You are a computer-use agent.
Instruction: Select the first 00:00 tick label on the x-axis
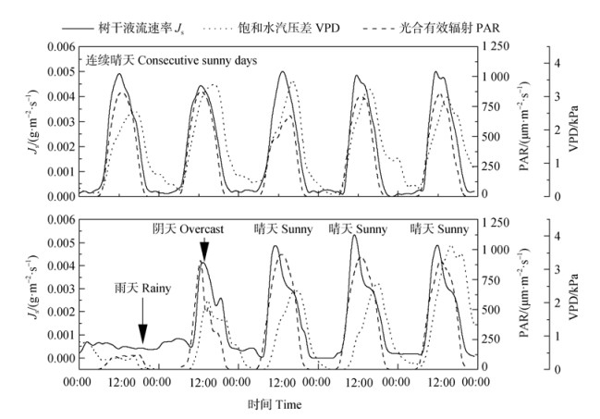point(76,381)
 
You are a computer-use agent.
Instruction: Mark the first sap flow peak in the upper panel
point(119,74)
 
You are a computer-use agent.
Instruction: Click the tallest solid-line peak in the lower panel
point(354,236)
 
